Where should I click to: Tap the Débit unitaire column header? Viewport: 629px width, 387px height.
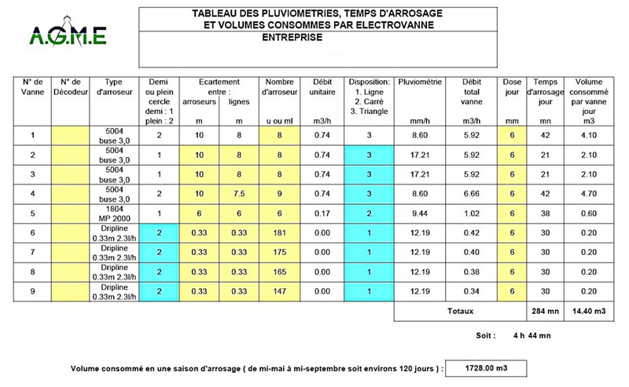click(x=320, y=87)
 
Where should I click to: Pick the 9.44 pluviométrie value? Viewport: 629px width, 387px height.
click(x=421, y=212)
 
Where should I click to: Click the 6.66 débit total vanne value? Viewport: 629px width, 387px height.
click(x=471, y=192)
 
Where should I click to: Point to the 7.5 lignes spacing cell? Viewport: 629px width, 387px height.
click(x=234, y=192)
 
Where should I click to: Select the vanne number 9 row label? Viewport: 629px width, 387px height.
click(x=32, y=290)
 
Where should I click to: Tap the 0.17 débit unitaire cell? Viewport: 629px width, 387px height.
click(x=320, y=212)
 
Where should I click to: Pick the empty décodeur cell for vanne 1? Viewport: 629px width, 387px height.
click(x=72, y=134)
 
